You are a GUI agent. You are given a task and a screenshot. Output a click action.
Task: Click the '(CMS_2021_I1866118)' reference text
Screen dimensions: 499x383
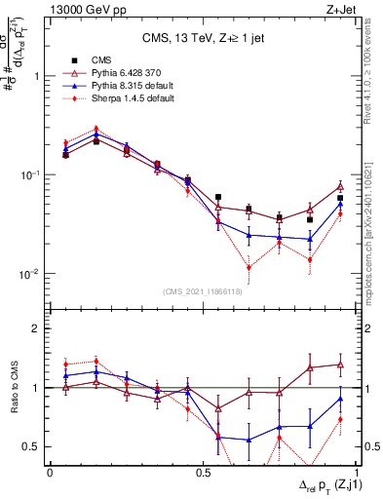tap(203, 291)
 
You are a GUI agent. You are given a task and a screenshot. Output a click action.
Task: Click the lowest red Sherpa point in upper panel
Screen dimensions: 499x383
tap(249, 267)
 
